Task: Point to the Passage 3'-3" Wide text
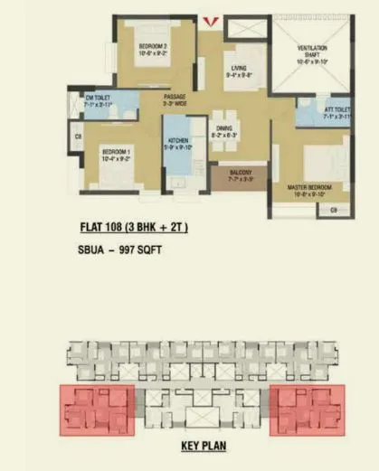coord(175,99)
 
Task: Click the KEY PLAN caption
coord(203,447)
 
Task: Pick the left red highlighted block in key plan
coord(97,409)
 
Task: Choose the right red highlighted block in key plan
coord(308,409)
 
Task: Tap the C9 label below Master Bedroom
coord(334,211)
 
